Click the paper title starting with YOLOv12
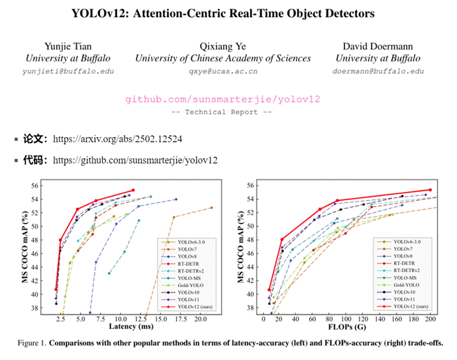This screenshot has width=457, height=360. pyautogui.click(x=228, y=13)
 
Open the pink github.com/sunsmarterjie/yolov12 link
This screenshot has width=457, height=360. pyautogui.click(x=223, y=99)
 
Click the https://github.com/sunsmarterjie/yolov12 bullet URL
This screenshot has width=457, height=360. pyautogui.click(x=135, y=160)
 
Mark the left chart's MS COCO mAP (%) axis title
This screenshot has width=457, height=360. pyautogui.click(x=26, y=246)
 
